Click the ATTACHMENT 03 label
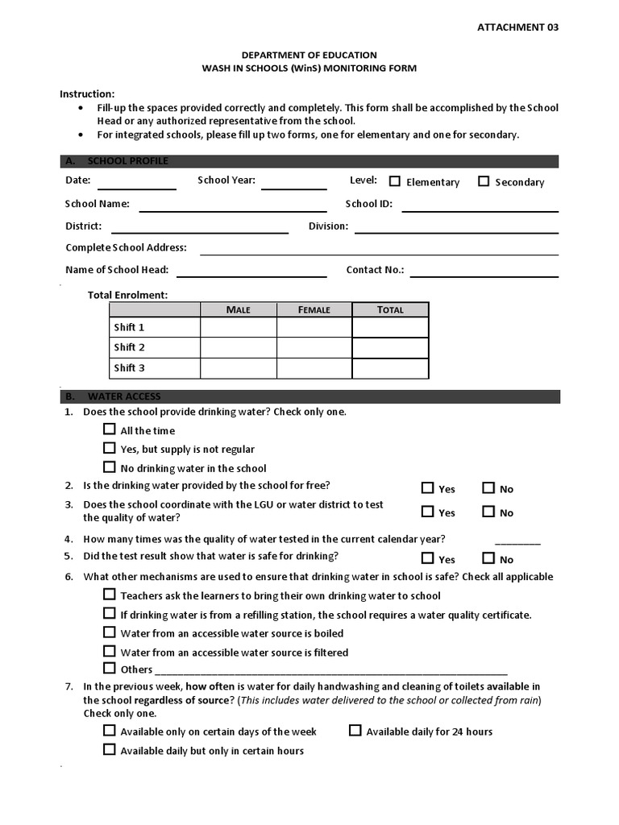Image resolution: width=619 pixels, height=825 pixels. [x=517, y=27]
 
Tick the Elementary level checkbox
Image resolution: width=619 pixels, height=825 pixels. [x=395, y=181]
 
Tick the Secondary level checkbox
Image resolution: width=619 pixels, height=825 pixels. [x=484, y=181]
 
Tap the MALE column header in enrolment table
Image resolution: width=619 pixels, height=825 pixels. [x=238, y=309]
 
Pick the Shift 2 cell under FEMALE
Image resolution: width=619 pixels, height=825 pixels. [x=314, y=347]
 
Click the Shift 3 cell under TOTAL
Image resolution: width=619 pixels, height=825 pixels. [x=390, y=368]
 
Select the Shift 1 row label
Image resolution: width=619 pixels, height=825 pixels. [x=129, y=327]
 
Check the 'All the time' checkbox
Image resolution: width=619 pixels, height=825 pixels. [x=110, y=429]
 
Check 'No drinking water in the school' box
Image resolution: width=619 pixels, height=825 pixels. [x=110, y=467]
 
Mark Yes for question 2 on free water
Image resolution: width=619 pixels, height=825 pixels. [x=427, y=487]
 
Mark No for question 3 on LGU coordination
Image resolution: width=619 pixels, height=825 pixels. [x=488, y=512]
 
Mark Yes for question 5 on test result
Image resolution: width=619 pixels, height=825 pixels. [x=427, y=558]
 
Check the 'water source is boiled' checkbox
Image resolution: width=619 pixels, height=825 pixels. [x=110, y=632]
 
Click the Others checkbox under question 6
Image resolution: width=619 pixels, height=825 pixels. [x=110, y=668]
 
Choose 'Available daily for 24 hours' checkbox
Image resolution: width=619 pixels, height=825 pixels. [x=355, y=731]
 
